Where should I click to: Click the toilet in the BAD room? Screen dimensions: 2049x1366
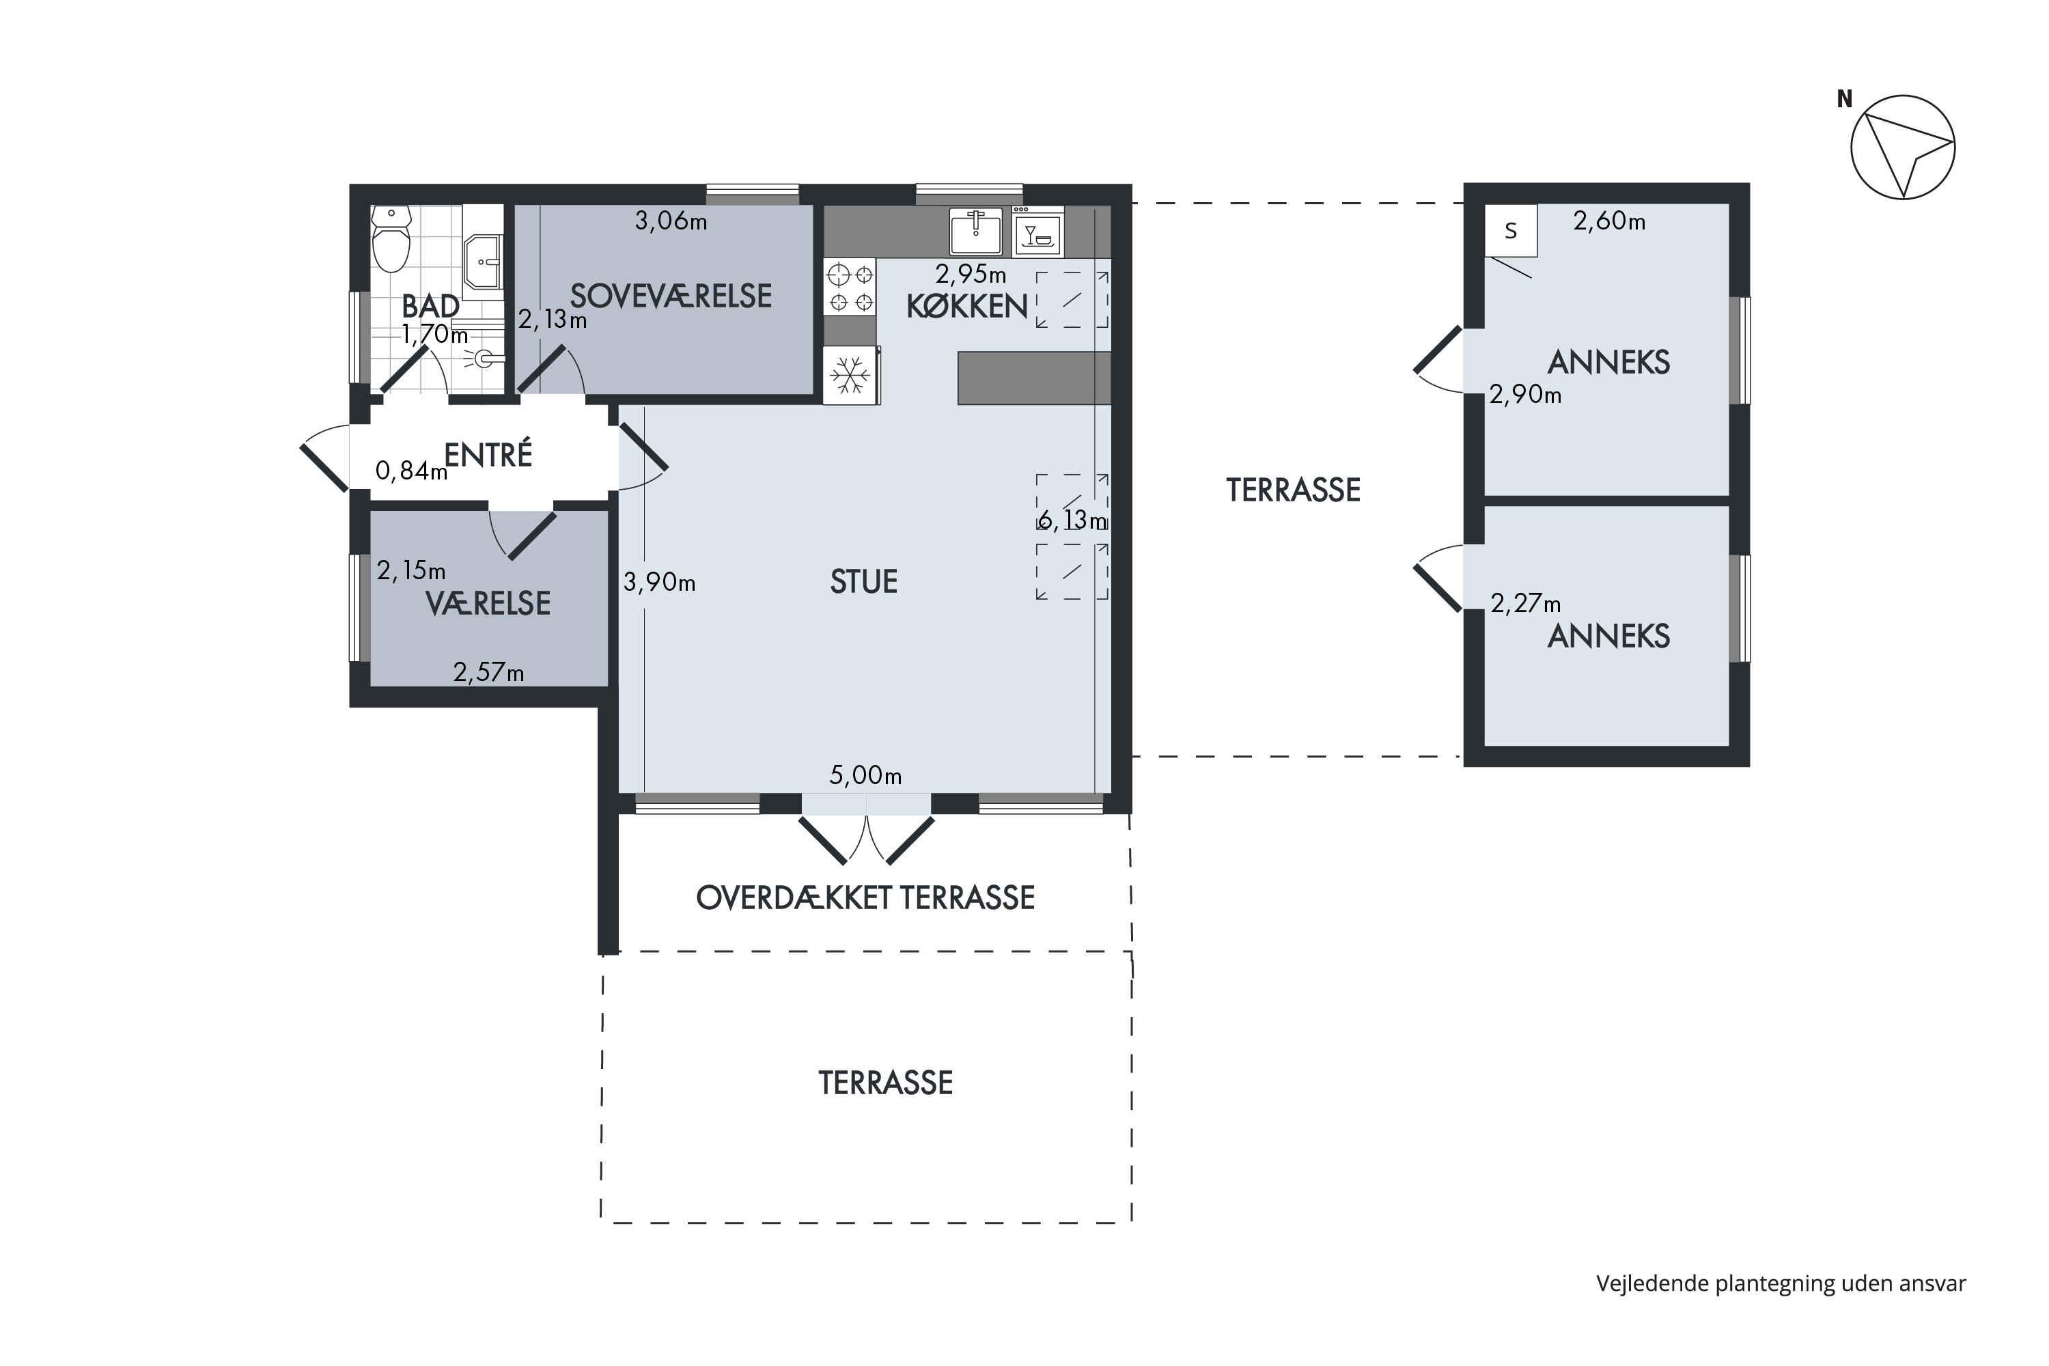tap(391, 240)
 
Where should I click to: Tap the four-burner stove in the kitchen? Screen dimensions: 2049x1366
tap(850, 288)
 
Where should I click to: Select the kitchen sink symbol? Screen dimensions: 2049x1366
tap(976, 232)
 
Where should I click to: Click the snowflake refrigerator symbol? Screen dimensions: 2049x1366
tap(851, 376)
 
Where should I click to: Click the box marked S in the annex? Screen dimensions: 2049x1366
tap(1511, 231)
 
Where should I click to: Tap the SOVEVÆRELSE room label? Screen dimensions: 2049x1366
tap(671, 296)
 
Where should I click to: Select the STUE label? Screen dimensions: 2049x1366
tap(863, 581)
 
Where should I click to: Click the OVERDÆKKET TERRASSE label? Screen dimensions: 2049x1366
tap(865, 897)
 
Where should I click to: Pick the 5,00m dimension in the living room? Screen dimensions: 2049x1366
tap(865, 775)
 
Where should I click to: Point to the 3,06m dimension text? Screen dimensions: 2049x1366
tap(671, 221)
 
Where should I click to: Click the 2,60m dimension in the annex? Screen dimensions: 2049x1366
tap(1609, 221)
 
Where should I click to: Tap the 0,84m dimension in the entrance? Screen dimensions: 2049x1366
tap(411, 471)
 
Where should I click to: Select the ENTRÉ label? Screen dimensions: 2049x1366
tap(488, 454)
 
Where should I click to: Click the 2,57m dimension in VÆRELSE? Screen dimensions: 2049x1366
tap(489, 673)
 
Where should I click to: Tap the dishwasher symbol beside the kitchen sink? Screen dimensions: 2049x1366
tap(1037, 232)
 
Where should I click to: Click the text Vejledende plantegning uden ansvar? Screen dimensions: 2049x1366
tap(1781, 1283)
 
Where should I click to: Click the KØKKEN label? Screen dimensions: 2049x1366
tap(967, 307)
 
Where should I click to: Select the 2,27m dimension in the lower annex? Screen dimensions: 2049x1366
tap(1525, 603)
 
